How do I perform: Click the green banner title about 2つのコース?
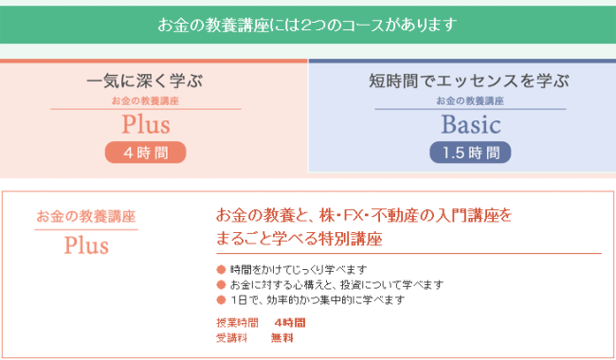(x=307, y=23)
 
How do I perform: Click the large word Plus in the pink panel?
(x=145, y=124)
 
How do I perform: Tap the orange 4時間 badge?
(x=145, y=152)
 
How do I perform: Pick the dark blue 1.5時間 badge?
(x=470, y=152)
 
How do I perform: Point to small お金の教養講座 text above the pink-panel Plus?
(x=145, y=100)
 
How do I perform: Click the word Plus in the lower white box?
(x=86, y=245)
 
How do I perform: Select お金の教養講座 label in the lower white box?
(x=86, y=215)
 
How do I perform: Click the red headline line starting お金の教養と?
(x=364, y=216)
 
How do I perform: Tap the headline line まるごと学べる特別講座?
(x=299, y=238)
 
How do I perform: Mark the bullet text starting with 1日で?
(x=317, y=299)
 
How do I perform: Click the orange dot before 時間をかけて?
(x=221, y=270)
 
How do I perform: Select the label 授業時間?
(x=235, y=322)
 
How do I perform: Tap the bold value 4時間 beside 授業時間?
(x=289, y=322)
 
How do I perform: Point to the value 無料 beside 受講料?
(x=281, y=337)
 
